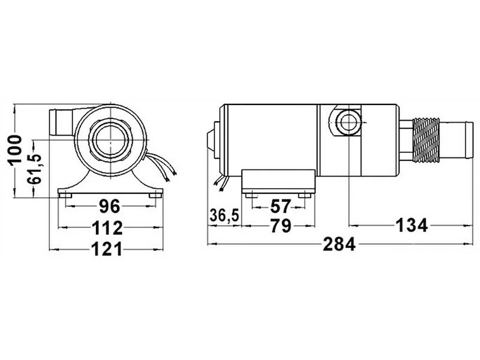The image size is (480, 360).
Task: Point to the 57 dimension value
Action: click(x=280, y=206)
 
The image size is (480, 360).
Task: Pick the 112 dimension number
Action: click(x=107, y=227)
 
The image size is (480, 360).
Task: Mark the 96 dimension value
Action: click(x=109, y=207)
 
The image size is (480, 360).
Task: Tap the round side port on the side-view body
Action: click(x=346, y=122)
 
